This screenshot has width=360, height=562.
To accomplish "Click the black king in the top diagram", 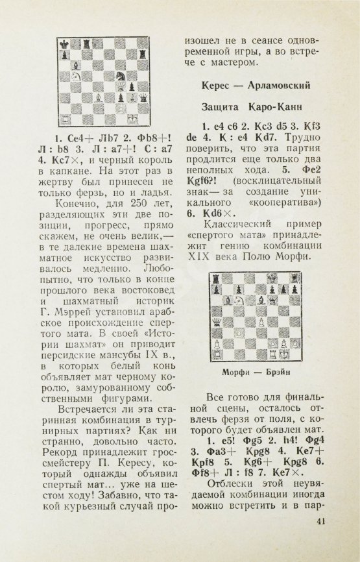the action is pyautogui.click(x=65, y=45).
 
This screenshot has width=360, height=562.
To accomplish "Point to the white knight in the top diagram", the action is pyautogui.click(x=75, y=77).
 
